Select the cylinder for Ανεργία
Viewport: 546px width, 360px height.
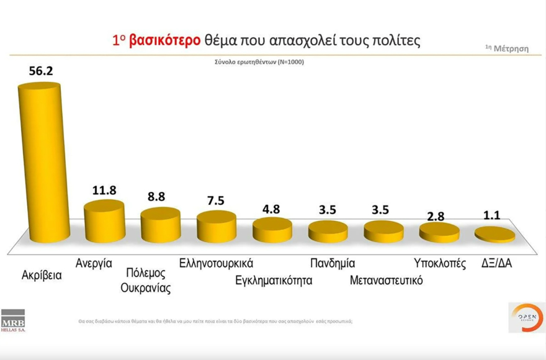[104, 222]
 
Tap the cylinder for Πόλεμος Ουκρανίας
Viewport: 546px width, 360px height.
[160, 225]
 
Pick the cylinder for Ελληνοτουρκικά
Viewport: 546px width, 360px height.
[217, 228]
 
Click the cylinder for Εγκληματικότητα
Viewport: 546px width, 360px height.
[272, 230]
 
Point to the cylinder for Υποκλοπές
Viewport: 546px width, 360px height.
[439, 233]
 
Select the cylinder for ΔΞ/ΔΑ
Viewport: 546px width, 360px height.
[495, 235]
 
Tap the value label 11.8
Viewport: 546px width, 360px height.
[104, 190]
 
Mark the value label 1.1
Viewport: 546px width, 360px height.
[495, 217]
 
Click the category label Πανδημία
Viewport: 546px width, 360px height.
[333, 263]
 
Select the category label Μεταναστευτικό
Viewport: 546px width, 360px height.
[386, 280]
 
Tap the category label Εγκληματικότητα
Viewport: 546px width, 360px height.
[274, 280]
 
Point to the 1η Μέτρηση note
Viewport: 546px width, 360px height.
[507, 48]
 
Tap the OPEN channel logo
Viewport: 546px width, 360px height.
[526, 317]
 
